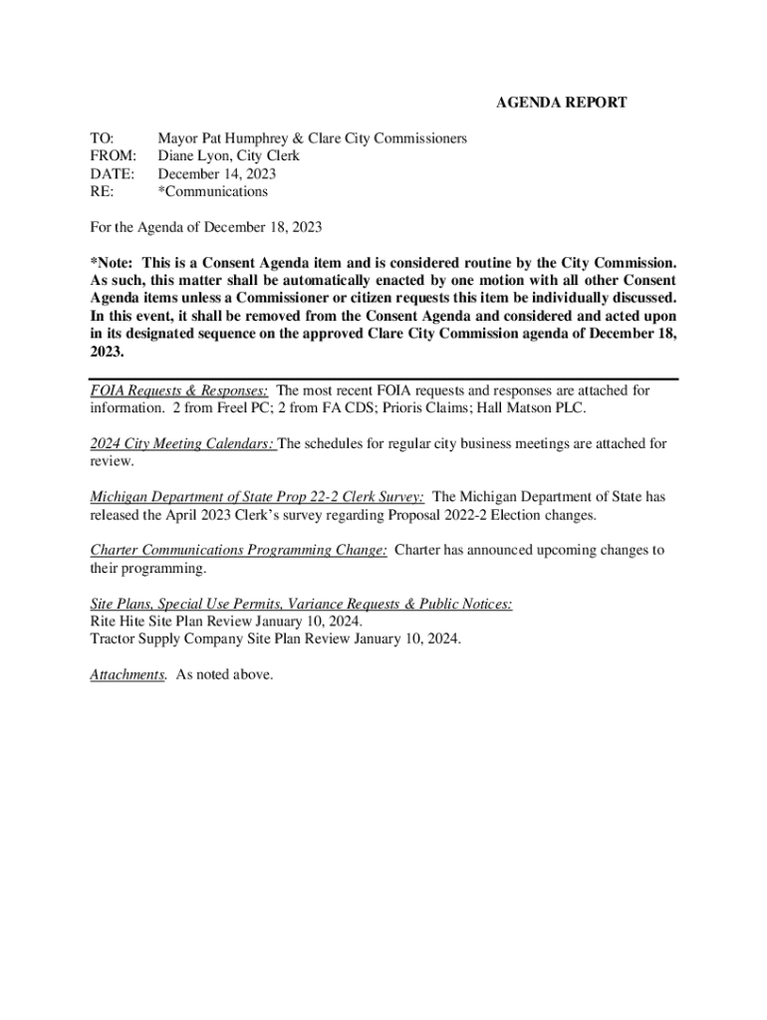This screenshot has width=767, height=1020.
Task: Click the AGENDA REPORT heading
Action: pyautogui.click(x=561, y=103)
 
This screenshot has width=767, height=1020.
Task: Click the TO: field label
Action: pyautogui.click(x=102, y=138)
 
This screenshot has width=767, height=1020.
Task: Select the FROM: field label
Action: pyautogui.click(x=112, y=156)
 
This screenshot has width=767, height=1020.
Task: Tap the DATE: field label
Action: pyautogui.click(x=112, y=174)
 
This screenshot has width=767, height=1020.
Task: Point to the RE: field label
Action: pyautogui.click(x=101, y=191)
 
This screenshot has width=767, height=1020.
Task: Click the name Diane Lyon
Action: pyautogui.click(x=193, y=156)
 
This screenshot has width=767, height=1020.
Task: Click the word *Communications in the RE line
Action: pyautogui.click(x=212, y=191)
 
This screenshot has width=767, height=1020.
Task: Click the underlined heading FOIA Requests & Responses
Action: pyautogui.click(x=178, y=391)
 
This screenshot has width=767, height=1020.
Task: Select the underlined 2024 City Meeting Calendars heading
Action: pyautogui.click(x=182, y=444)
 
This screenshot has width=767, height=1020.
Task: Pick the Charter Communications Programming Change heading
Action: pyautogui.click(x=238, y=550)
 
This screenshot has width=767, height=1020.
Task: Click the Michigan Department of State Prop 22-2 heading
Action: pyautogui.click(x=257, y=497)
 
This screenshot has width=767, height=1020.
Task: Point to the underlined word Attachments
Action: pyautogui.click(x=127, y=674)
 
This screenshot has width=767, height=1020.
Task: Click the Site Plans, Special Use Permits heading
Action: pyautogui.click(x=301, y=604)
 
